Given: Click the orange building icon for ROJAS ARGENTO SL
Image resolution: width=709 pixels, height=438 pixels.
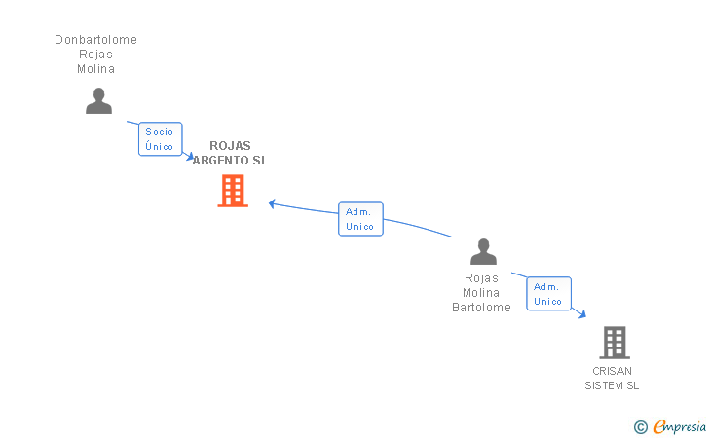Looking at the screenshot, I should (233, 191).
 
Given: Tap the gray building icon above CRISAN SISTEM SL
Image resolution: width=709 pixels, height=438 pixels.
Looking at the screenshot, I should (615, 343).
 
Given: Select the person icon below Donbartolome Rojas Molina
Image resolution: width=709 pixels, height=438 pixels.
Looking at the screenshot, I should (98, 100).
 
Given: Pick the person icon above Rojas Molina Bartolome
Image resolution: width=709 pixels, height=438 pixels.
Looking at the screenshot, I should (483, 252).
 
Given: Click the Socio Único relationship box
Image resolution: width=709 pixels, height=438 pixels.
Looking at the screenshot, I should (160, 139).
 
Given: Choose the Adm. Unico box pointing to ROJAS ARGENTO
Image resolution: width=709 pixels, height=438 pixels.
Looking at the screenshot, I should (360, 219).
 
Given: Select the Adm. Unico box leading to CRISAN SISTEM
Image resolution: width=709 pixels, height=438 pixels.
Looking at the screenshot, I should (548, 294).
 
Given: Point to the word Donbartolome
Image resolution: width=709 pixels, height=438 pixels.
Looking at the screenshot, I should (95, 40).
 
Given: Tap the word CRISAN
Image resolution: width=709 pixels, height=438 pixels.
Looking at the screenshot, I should (612, 371).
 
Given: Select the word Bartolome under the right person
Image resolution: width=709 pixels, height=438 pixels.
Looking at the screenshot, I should (481, 308).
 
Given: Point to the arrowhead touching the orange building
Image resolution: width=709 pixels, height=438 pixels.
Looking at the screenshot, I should (273, 203).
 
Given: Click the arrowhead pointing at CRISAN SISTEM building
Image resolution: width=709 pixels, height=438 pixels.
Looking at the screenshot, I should (582, 314).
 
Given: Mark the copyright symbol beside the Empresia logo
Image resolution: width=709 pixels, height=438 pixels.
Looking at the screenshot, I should (640, 426).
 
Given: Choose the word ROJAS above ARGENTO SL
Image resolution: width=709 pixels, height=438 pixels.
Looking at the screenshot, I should (230, 146).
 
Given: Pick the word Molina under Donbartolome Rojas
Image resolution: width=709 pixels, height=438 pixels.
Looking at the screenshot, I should (96, 69).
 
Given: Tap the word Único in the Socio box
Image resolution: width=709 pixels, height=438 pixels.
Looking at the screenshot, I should (159, 147).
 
